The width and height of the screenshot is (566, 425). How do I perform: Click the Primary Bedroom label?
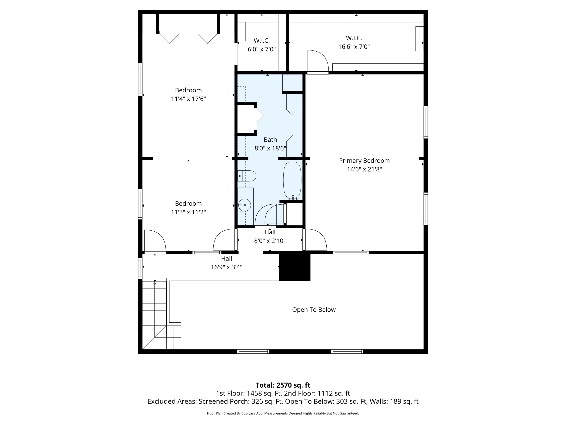(x=364, y=161)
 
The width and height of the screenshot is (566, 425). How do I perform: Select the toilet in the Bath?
(x=247, y=176)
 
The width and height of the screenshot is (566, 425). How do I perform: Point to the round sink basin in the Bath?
(x=244, y=205)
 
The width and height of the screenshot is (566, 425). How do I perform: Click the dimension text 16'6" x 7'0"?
(x=354, y=47)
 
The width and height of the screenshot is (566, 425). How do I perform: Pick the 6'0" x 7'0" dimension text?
(x=261, y=49)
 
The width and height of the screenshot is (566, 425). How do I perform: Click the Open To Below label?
(x=314, y=310)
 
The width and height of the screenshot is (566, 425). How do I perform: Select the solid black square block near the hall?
(x=295, y=267)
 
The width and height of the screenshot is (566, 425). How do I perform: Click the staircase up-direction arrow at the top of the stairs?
(x=155, y=283)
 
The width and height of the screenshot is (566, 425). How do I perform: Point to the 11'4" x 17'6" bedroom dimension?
(x=188, y=99)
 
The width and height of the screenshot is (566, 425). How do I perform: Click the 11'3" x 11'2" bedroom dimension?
(x=188, y=212)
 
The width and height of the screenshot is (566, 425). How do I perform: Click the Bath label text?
(x=270, y=140)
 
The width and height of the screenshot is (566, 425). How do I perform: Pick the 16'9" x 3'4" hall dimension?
(x=226, y=267)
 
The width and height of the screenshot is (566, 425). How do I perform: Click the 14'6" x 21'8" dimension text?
(x=364, y=169)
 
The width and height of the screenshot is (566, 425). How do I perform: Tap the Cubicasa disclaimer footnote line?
(x=283, y=413)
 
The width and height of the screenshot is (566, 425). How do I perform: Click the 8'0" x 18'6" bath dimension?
(x=270, y=148)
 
